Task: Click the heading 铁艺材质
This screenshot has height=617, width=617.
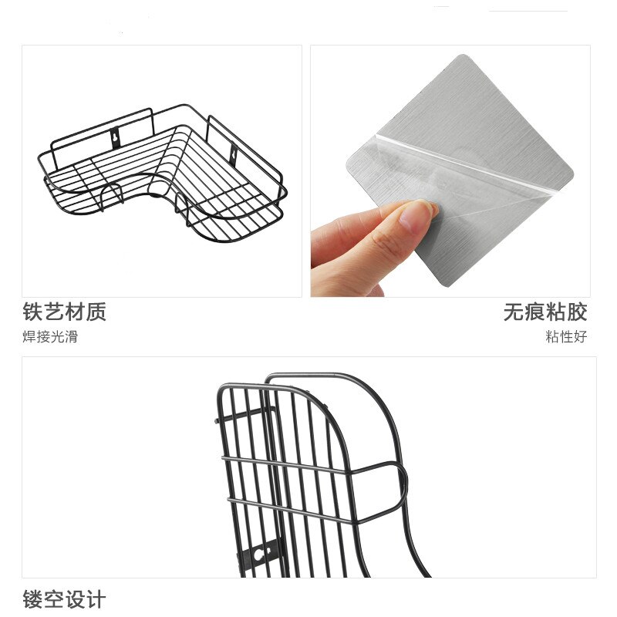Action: pos(64,312)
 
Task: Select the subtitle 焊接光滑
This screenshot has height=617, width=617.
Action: pos(50,336)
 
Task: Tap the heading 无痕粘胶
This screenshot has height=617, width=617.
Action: pos(545,312)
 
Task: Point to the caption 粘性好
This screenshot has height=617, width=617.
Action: pos(566,336)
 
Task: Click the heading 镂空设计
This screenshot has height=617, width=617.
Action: pos(64,600)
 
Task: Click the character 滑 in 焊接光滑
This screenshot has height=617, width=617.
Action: pos(71,336)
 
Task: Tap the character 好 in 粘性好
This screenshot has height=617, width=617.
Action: pos(580,336)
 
